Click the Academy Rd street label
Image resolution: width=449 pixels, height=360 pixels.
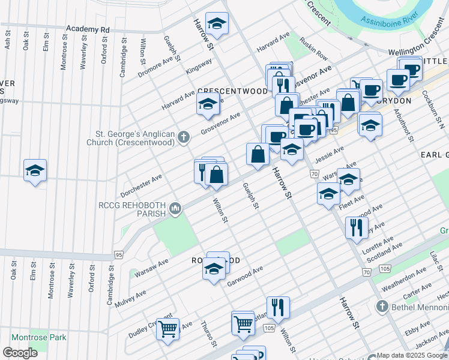(x=88, y=29)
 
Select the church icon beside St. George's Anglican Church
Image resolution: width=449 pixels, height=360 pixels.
(x=184, y=139)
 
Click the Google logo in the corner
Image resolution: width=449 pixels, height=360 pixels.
(x=20, y=352)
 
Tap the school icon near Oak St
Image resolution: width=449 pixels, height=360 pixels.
(x=35, y=171)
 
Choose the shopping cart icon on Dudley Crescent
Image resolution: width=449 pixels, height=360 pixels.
(x=167, y=328)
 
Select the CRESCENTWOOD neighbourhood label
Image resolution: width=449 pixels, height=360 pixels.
(x=232, y=91)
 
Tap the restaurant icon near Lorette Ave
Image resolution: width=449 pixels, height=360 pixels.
(x=357, y=227)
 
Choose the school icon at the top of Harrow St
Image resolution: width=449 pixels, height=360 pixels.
(x=217, y=24)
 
